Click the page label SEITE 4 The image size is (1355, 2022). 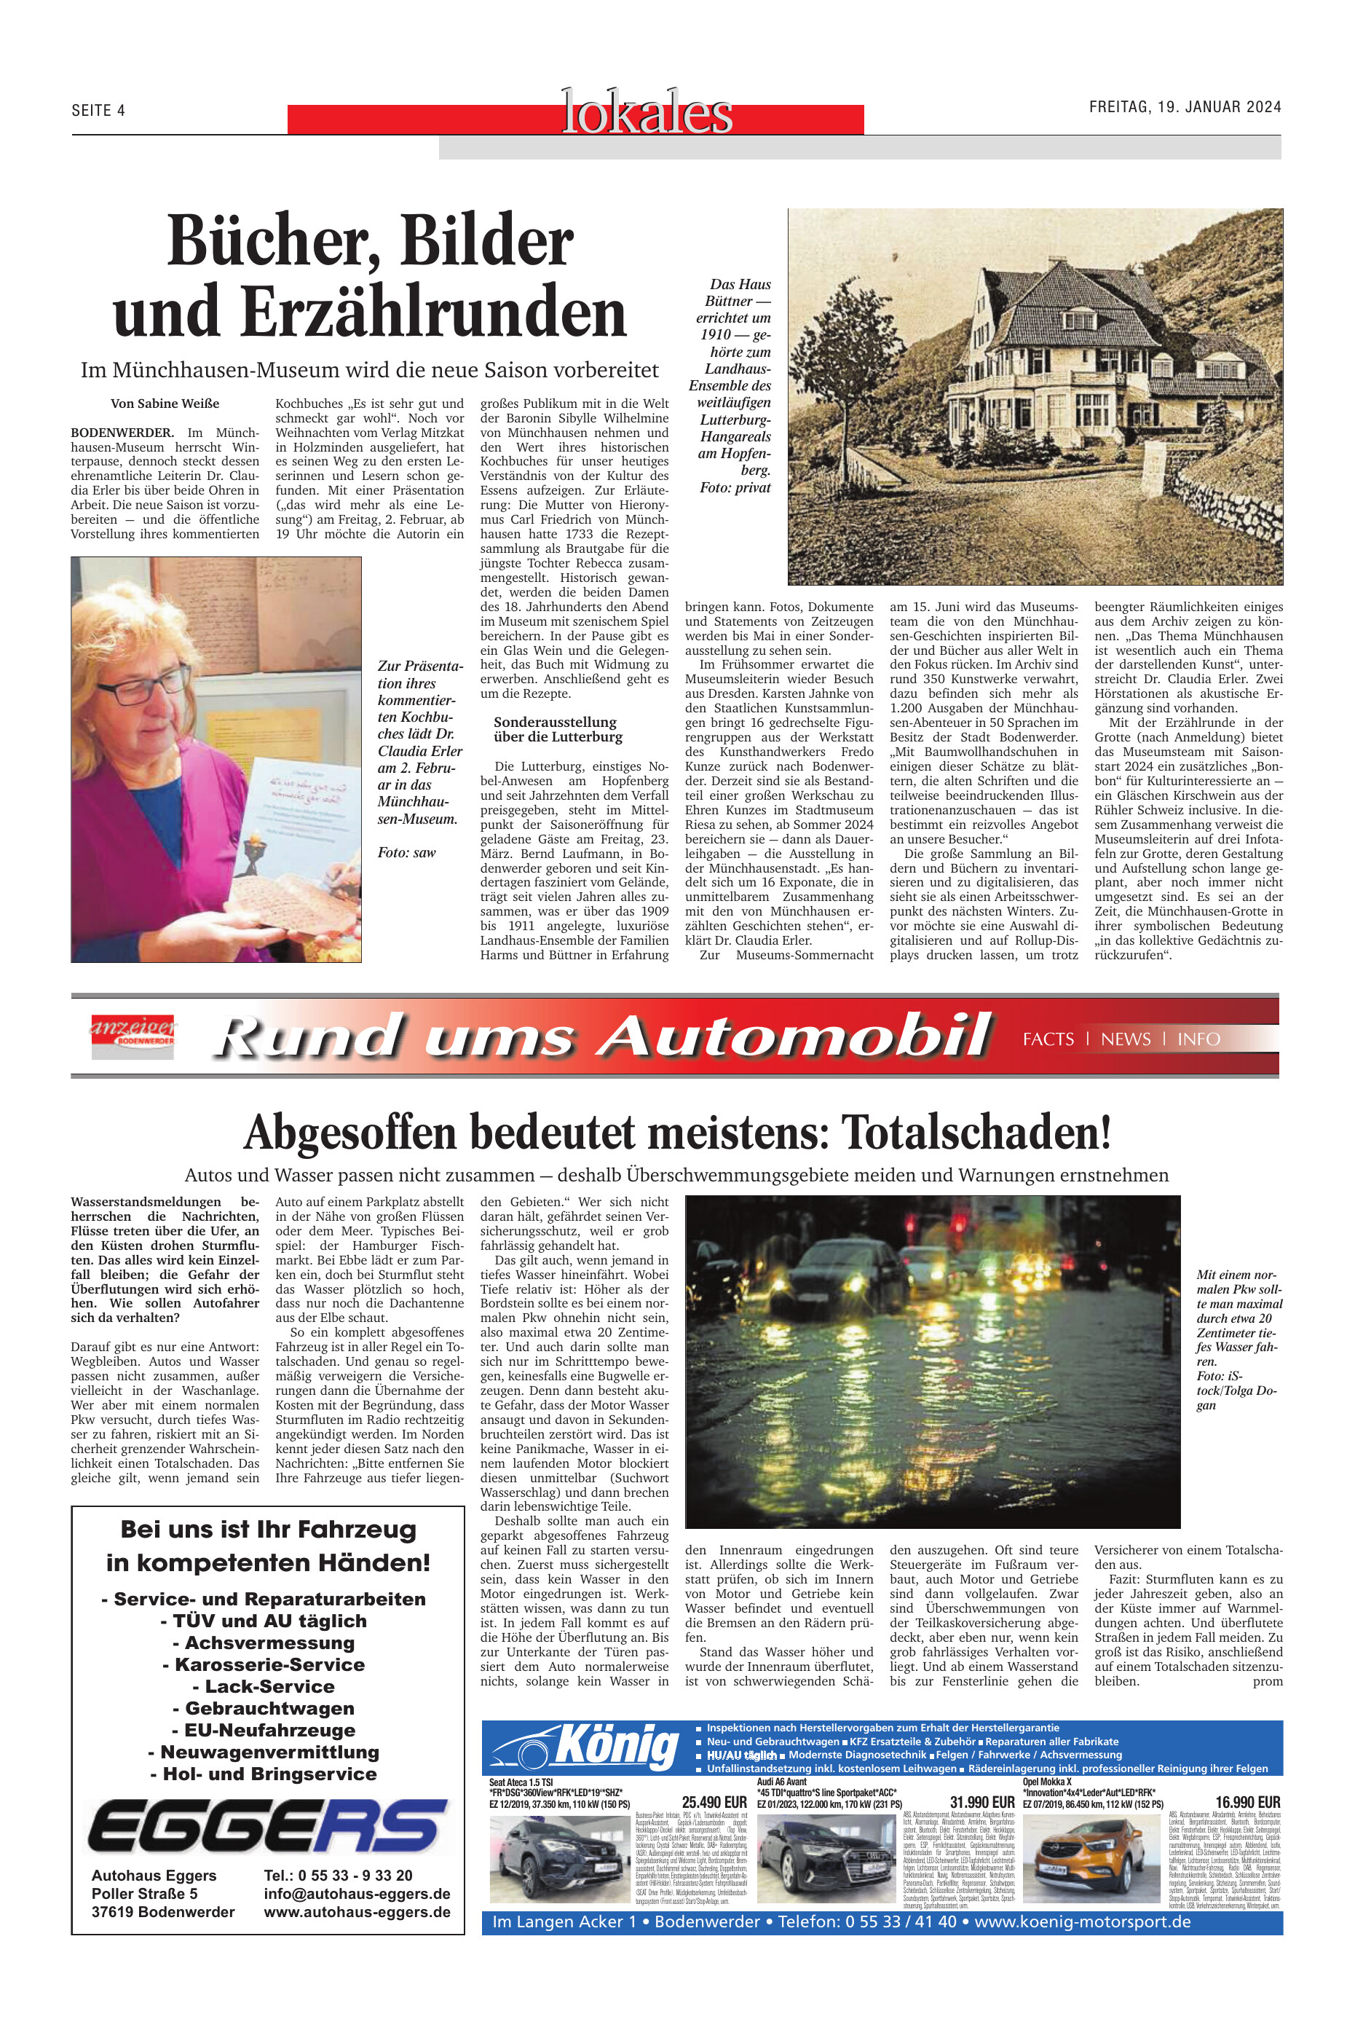point(98,111)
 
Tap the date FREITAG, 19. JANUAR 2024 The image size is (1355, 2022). point(1184,107)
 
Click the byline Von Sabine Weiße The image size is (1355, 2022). point(165,404)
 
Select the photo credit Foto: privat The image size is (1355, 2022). point(735,487)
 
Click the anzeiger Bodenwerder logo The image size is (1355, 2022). point(133,1035)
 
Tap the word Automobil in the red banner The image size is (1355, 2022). point(795,1035)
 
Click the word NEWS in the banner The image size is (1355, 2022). point(1125,1039)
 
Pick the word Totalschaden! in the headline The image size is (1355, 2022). point(976,1133)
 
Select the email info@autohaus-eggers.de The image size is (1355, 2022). point(357,1893)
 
